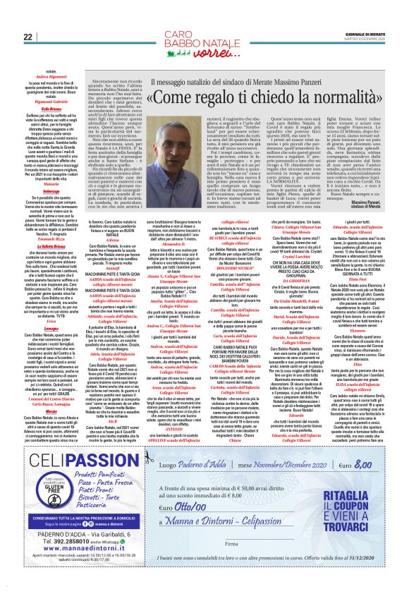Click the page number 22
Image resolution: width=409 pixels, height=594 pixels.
point(29,37)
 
